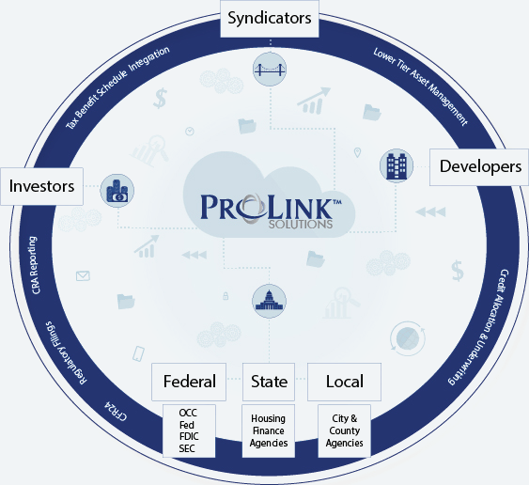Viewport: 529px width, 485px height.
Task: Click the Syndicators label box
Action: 270,19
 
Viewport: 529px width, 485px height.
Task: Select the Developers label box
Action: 479,167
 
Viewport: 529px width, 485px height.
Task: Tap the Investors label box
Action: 42,186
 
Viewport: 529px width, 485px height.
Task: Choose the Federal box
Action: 189,382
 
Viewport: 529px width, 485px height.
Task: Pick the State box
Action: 269,382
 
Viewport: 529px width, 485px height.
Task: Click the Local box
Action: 344,382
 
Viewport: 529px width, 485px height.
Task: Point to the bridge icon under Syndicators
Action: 270,70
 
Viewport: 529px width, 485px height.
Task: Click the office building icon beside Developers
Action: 397,165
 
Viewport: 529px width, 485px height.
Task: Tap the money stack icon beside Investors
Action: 117,191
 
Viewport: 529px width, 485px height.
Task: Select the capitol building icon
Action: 270,301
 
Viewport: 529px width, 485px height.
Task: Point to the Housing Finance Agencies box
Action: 269,431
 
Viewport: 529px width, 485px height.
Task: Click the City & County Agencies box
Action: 345,431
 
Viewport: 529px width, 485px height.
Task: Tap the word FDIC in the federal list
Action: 189,437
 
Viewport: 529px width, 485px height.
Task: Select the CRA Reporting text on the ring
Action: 34,265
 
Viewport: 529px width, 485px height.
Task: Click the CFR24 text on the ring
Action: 116,411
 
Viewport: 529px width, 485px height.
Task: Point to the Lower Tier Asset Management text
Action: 420,86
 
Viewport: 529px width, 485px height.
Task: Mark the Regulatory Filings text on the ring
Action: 66,353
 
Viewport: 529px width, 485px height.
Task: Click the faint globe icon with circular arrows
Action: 407,338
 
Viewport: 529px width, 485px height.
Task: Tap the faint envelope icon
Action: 83,276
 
